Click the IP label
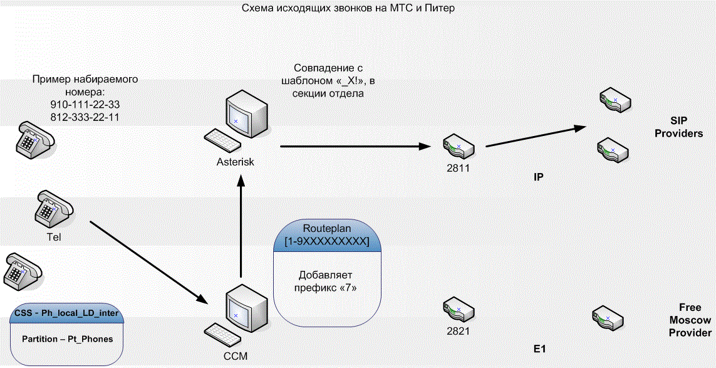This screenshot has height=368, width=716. [x=538, y=178]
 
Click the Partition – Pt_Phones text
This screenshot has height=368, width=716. [x=68, y=339]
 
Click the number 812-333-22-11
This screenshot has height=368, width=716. [x=85, y=117]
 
